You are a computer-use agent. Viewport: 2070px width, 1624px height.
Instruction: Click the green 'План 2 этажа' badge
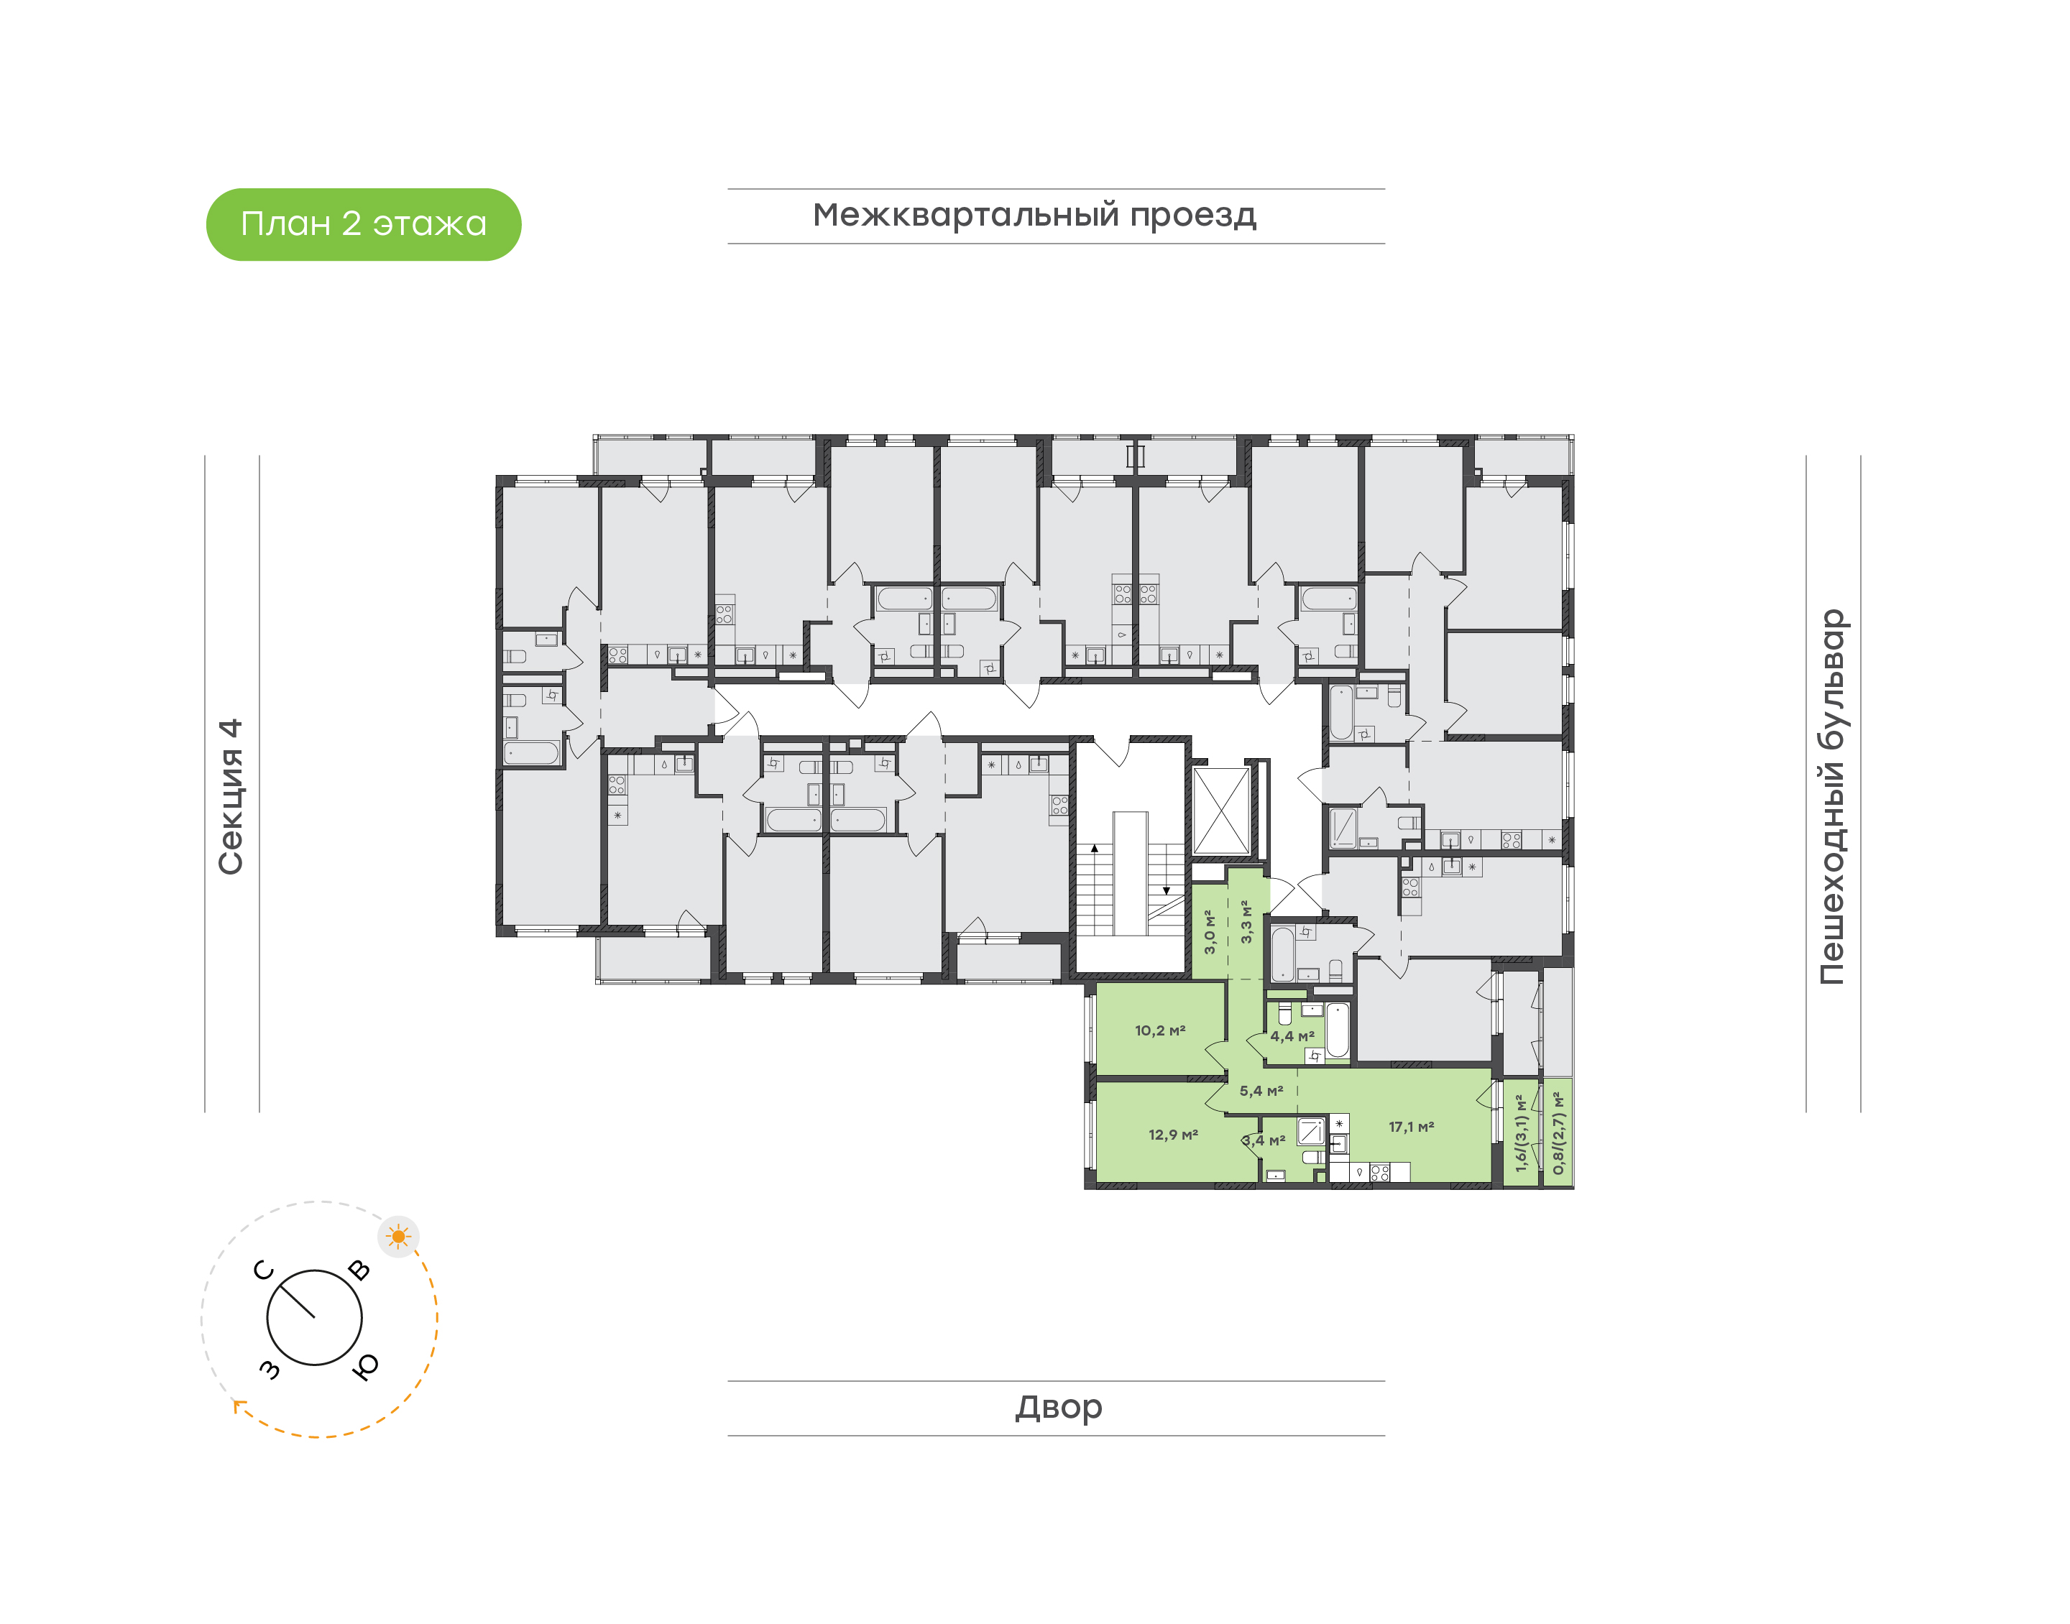(363, 224)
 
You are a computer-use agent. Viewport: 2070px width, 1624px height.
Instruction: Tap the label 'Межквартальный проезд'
(1034, 215)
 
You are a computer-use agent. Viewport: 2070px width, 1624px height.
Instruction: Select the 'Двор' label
(1058, 1406)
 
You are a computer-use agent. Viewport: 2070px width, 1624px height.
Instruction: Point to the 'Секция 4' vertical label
(231, 796)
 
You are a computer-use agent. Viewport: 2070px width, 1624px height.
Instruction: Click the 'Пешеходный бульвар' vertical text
(1831, 797)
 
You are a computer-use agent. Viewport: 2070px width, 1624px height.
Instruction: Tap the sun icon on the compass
(397, 1237)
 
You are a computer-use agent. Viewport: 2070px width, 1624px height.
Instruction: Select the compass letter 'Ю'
(365, 1366)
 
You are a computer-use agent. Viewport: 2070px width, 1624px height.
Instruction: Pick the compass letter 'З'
(270, 1369)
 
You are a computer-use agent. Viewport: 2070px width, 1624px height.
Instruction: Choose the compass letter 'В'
(359, 1270)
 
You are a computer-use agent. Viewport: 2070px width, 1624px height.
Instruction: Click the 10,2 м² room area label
(1159, 1030)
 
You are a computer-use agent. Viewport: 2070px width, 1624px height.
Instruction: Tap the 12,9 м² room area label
(1172, 1135)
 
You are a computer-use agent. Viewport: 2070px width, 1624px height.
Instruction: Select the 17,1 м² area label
(1410, 1127)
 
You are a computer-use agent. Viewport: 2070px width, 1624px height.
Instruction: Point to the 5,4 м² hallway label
(1261, 1091)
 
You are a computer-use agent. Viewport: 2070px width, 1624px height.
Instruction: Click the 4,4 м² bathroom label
(1292, 1036)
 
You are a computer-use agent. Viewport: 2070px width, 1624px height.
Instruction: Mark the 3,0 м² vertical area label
(1210, 932)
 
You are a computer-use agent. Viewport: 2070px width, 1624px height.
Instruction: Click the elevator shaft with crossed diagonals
(1221, 811)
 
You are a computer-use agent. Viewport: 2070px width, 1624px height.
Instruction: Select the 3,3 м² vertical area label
(1246, 921)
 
